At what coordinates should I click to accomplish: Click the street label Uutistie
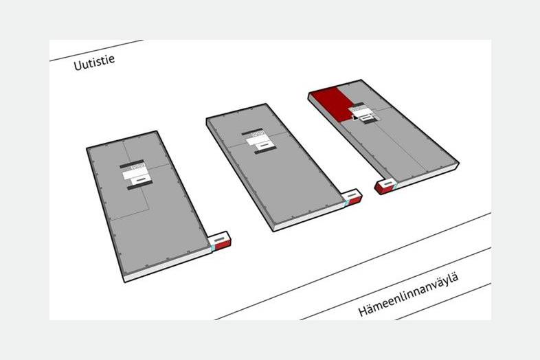[94, 63]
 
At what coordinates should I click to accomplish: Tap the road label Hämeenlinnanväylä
[409, 295]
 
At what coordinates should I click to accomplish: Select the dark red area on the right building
[331, 104]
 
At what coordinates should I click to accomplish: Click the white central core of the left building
[137, 175]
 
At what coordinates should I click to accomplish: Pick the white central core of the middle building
[260, 142]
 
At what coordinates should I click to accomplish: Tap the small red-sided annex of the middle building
[354, 198]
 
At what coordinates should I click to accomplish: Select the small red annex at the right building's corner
[384, 186]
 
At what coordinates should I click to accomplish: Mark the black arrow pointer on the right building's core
[355, 117]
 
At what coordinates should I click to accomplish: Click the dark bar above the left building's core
[131, 164]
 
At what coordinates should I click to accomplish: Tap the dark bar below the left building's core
[140, 186]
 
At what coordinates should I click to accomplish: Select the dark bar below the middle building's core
[265, 150]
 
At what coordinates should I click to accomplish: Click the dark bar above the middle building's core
[252, 132]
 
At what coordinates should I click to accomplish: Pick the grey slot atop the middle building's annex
[352, 195]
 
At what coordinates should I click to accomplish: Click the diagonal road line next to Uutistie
[96, 50]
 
